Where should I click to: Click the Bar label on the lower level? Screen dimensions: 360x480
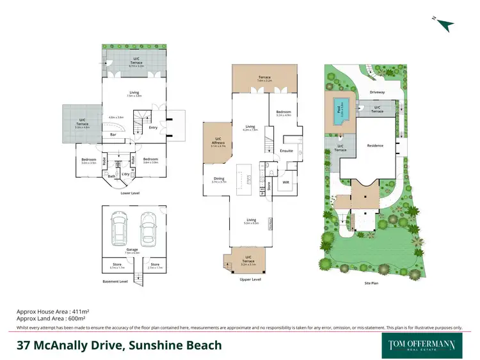(x=113, y=135)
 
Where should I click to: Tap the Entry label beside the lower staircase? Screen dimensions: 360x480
(x=153, y=127)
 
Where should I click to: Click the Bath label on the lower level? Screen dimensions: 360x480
(x=111, y=176)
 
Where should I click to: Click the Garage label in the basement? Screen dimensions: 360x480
(x=132, y=249)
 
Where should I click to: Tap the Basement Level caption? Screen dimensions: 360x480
(x=115, y=281)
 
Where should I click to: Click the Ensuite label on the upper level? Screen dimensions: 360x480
(x=286, y=151)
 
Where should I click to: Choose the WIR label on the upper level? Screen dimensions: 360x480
(x=286, y=182)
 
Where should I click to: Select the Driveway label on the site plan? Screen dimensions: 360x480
(x=377, y=92)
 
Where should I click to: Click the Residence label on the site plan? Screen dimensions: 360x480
(x=374, y=146)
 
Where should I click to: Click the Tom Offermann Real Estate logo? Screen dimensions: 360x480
(x=423, y=345)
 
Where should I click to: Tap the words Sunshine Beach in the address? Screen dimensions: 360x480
(x=176, y=345)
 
